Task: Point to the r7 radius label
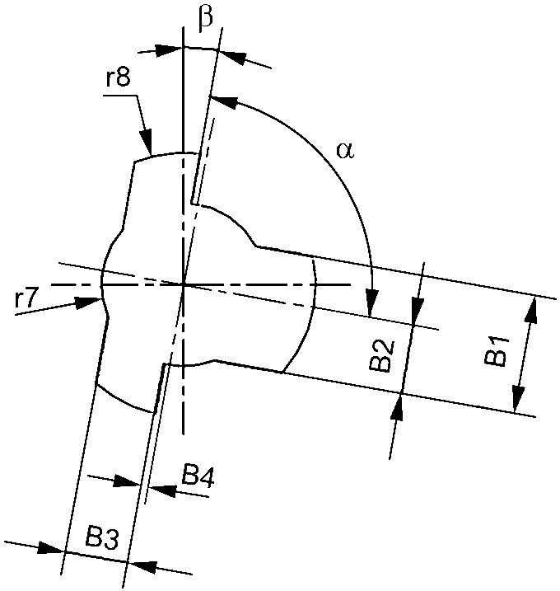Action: (x=27, y=300)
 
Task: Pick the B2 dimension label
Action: (x=380, y=355)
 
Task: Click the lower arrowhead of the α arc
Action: (x=374, y=306)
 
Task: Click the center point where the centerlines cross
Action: (x=183, y=284)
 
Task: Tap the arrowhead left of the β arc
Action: (x=170, y=50)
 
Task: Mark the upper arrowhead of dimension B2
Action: (x=418, y=310)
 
